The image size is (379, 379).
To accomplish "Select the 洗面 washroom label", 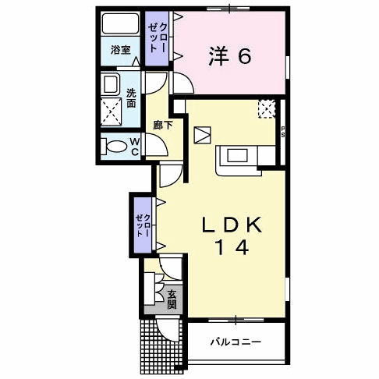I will (x=132, y=96).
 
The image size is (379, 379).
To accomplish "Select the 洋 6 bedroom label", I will (x=228, y=56).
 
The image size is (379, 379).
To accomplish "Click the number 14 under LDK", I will (x=229, y=249).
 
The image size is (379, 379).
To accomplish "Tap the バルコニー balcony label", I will (x=236, y=342).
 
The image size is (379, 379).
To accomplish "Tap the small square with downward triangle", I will (x=201, y=134).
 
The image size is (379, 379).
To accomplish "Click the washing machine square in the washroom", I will (x=113, y=112).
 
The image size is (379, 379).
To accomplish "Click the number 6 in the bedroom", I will (x=244, y=56).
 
